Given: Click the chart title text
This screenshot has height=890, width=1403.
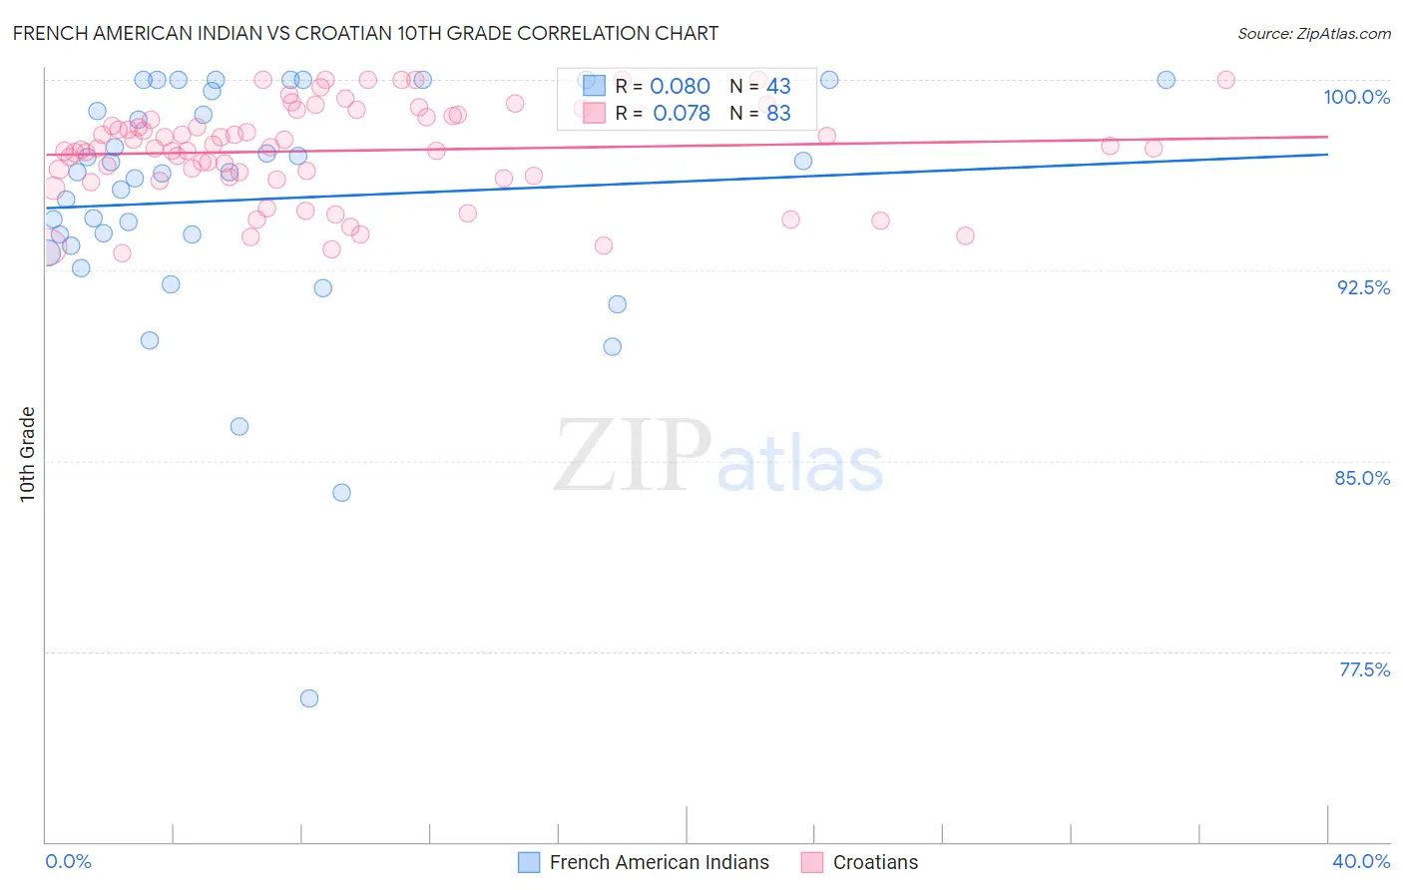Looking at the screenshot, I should click(365, 33).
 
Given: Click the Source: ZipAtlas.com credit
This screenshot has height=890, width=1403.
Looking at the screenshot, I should click(1313, 33).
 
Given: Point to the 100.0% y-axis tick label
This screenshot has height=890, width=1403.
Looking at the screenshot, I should click(1356, 97).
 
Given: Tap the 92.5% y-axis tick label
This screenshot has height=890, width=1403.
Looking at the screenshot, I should click(1363, 287).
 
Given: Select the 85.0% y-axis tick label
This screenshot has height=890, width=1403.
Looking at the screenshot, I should click(1362, 478).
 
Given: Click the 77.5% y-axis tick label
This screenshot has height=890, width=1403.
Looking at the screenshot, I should click(1364, 669).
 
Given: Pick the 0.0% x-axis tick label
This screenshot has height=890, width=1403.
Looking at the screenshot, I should click(68, 861).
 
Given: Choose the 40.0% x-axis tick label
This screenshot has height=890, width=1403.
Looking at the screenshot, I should click(1361, 861).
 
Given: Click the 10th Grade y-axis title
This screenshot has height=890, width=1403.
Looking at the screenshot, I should click(27, 454).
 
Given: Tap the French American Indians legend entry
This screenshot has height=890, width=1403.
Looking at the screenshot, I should click(659, 862).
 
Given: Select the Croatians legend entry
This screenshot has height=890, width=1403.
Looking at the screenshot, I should click(875, 862).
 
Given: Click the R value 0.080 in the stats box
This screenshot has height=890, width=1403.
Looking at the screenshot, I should click(680, 87).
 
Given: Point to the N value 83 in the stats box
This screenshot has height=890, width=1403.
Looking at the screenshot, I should click(778, 114).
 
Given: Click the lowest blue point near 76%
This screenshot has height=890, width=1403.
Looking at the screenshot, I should click(309, 698).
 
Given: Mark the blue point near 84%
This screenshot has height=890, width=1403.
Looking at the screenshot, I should click(341, 492).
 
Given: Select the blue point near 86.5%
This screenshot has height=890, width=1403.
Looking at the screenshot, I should click(239, 426).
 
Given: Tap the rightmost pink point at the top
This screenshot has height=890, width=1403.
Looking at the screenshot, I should click(1225, 80).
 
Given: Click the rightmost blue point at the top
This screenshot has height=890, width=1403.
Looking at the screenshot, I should click(1166, 80).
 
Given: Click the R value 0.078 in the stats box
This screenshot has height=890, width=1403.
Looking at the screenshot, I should click(681, 114).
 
